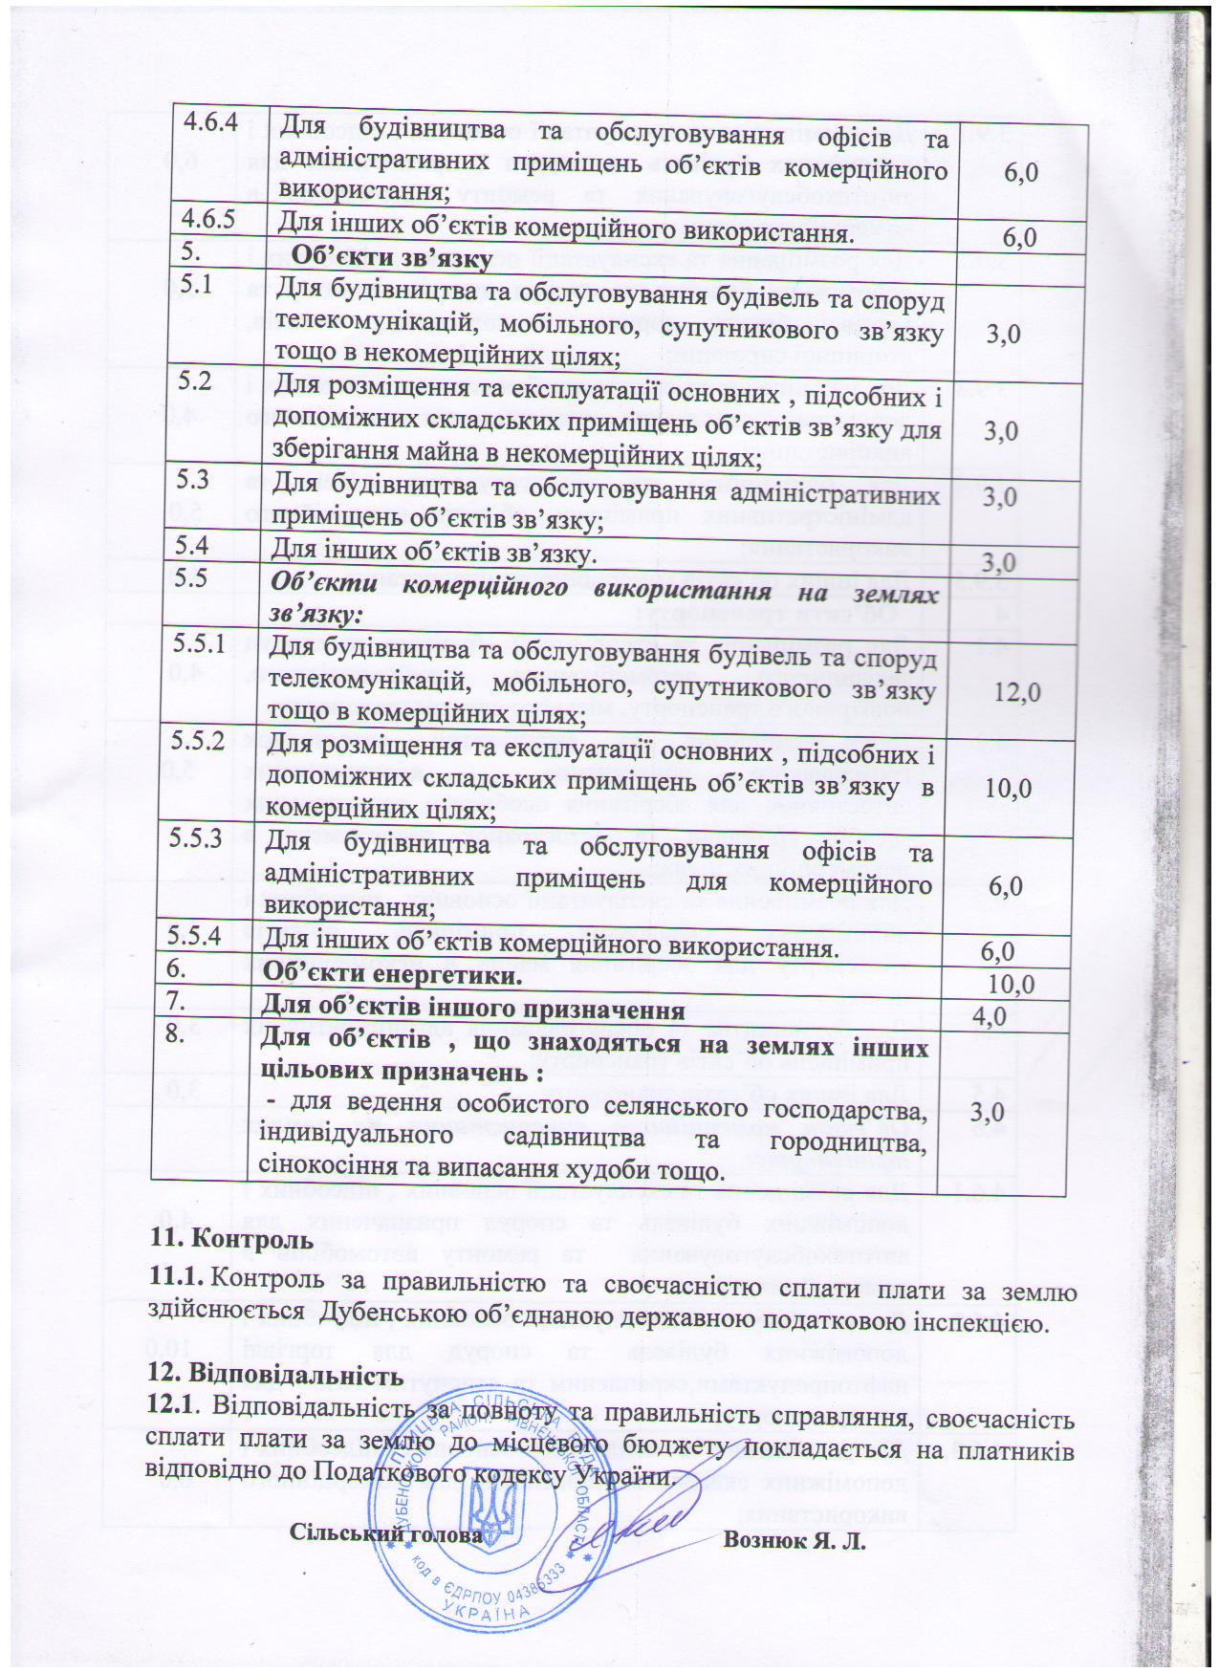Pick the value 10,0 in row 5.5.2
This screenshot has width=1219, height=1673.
[x=1010, y=789]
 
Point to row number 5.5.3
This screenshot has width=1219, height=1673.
[x=196, y=837]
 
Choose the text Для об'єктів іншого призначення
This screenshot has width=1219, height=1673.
[x=473, y=1010]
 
